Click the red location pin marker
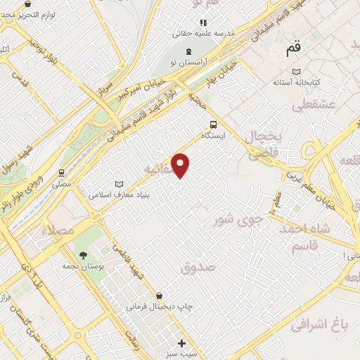click(x=181, y=165)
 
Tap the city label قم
click(x=292, y=50)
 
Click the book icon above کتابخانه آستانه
click(x=296, y=72)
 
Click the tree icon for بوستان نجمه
click(x=83, y=255)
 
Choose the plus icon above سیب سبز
click(x=182, y=343)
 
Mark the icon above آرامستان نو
click(x=188, y=51)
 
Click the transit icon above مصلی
click(x=61, y=172)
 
